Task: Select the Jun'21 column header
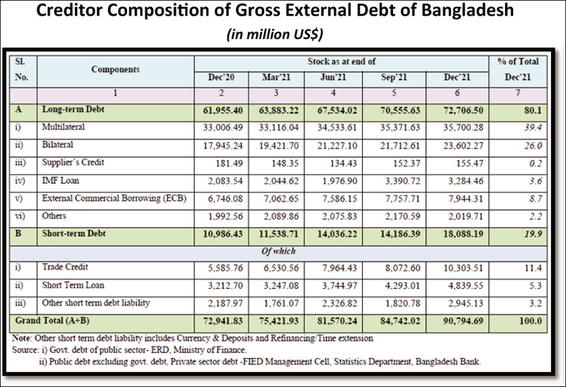click(333, 78)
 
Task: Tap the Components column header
click(115, 69)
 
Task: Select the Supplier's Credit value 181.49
click(225, 163)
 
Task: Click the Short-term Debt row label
click(74, 233)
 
